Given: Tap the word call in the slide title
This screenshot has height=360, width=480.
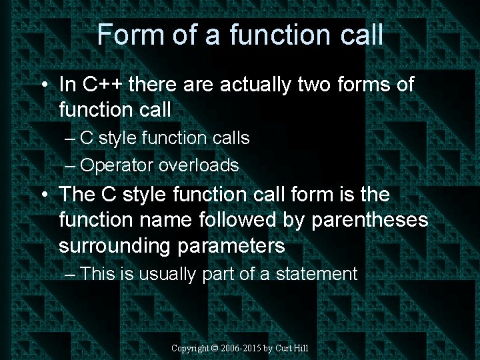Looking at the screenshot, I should point(361,35).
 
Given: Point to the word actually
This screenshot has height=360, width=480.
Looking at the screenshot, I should point(255,85).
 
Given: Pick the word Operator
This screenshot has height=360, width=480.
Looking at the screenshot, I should point(119,165).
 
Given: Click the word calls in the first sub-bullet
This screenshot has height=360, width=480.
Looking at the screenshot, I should point(229,138).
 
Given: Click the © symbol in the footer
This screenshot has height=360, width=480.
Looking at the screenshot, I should point(215,349).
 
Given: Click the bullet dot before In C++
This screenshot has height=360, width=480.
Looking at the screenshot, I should point(44,86).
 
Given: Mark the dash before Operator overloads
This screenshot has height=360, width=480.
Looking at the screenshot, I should point(71,165).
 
